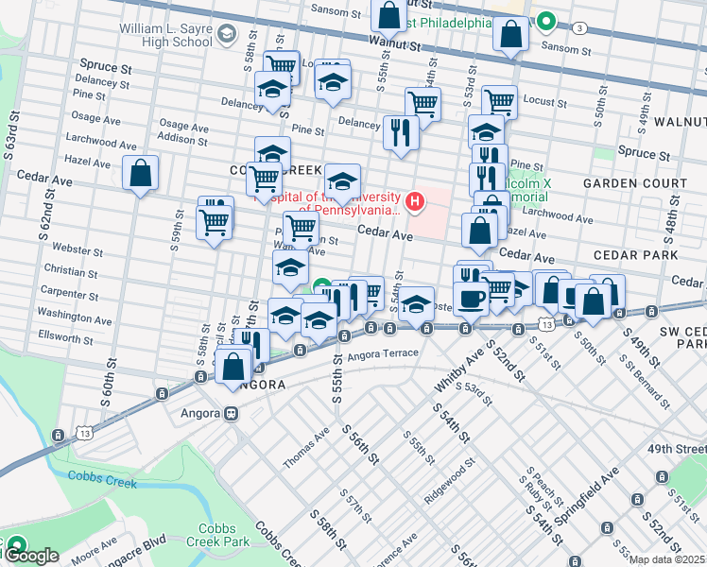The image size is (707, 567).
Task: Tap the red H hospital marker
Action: tap(413, 200)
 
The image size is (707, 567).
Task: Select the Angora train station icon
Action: tap(230, 413)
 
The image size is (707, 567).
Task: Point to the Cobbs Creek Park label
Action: tap(224, 535)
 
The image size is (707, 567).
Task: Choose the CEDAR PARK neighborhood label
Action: tap(635, 255)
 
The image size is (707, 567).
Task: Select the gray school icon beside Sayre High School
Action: tap(226, 36)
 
